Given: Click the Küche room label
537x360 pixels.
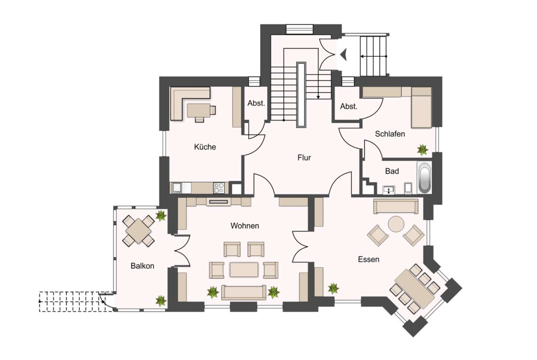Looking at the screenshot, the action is [205, 147].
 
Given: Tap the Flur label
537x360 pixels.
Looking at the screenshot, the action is [304, 158].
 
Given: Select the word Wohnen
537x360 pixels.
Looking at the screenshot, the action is [245, 226].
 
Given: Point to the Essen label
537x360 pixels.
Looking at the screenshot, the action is [369, 260].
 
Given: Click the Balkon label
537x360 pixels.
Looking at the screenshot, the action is [142, 266].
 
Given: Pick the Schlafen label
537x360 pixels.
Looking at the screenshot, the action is [390, 134].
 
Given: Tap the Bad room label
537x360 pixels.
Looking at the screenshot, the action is [392, 171].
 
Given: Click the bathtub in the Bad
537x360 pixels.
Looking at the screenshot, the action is [425, 178].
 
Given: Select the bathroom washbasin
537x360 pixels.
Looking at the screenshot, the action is [389, 190].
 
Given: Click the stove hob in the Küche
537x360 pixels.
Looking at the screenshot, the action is [219, 188].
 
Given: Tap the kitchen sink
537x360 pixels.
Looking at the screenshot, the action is [177, 188].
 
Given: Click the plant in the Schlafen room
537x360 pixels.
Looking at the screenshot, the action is [422, 150].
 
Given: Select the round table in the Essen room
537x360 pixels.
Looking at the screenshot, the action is [396, 225].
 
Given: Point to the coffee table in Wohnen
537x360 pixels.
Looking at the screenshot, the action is [244, 269].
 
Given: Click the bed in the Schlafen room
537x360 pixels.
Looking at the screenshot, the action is [421, 107].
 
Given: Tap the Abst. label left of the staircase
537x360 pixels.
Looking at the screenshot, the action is [256, 103].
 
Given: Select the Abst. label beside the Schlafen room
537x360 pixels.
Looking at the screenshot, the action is [349, 106].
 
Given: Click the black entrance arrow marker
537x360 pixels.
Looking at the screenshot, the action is [344, 55].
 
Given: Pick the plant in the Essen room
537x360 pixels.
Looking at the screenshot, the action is [333, 288].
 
